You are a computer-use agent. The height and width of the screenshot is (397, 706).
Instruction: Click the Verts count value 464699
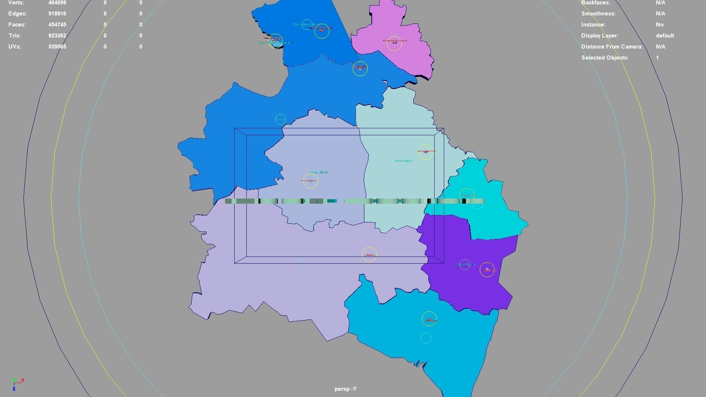tap(57, 3)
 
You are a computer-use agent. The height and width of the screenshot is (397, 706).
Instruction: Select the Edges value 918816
tap(57, 14)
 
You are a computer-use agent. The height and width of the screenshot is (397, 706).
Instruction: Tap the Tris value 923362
tap(57, 36)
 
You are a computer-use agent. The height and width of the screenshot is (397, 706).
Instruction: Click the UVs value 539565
tap(57, 47)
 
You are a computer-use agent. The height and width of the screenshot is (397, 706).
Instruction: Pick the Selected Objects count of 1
tap(657, 58)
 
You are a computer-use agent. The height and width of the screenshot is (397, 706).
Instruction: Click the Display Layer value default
tap(664, 36)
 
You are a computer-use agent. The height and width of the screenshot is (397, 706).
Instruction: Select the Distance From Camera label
tap(611, 47)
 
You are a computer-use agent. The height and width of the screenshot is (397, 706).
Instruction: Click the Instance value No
tap(659, 25)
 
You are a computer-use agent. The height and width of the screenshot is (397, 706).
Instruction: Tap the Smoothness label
tap(598, 14)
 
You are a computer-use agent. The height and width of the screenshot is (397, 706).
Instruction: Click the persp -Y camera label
tap(345, 389)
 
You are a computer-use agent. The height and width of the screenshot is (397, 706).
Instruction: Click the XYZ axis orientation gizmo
tap(17, 383)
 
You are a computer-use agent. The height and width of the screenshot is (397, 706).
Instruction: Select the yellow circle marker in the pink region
tap(394, 44)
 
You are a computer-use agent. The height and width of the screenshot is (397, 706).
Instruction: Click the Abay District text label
tap(319, 172)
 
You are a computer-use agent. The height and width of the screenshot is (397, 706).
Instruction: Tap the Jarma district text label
tap(403, 161)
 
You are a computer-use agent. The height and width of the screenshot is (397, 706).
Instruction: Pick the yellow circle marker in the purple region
tap(487, 270)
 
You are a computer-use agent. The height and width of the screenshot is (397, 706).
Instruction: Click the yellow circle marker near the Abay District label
tap(310, 181)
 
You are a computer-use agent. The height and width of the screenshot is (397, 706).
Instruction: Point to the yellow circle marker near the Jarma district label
tap(425, 152)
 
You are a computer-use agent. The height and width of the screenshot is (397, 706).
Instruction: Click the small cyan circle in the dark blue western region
tap(280, 119)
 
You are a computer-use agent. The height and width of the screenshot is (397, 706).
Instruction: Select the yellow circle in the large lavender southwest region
tap(369, 255)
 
